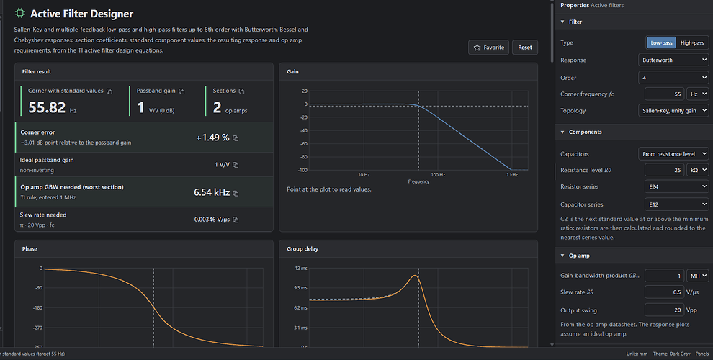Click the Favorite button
[x=489, y=48]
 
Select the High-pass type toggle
[x=691, y=42]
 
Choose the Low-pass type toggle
[x=661, y=42]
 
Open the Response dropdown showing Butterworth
[x=673, y=60]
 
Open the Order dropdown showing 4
[x=673, y=78]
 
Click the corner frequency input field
[x=664, y=94]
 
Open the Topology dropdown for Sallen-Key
[x=673, y=110]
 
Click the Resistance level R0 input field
[x=664, y=170]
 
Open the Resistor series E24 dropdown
[x=676, y=186]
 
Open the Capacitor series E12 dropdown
[x=676, y=204]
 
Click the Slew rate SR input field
[x=664, y=292]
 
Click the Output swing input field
[x=664, y=310]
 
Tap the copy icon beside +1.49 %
[x=236, y=138]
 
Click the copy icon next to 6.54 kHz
[x=236, y=193]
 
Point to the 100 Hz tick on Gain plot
[x=438, y=174]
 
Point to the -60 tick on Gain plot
[x=303, y=143]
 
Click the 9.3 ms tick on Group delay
[x=301, y=288]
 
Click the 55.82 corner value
[x=47, y=107]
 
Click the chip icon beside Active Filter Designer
[x=19, y=13]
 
